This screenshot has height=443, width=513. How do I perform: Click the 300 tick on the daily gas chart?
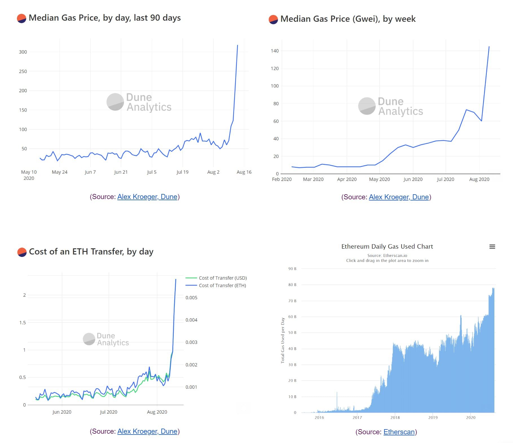(23, 52)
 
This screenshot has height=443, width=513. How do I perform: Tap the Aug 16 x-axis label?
(244, 172)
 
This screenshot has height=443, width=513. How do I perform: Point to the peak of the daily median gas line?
(237, 45)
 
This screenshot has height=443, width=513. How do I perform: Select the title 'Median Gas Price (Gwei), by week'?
(348, 19)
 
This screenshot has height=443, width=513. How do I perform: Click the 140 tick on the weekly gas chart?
(274, 51)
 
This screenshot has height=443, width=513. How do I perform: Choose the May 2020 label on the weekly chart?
(379, 179)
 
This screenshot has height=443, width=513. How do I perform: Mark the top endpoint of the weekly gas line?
(489, 47)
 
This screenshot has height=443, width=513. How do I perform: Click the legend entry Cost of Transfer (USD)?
(223, 278)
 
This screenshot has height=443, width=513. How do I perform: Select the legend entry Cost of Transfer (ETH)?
(222, 285)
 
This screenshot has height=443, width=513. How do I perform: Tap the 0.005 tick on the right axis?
(191, 298)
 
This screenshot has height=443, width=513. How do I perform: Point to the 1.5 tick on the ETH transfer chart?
(23, 322)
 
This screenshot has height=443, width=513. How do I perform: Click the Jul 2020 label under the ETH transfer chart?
(108, 412)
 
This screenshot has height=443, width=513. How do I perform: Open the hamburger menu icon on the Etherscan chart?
(492, 246)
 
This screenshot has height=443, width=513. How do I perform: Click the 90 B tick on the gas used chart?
(292, 269)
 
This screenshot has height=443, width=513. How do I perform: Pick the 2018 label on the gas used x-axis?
(395, 417)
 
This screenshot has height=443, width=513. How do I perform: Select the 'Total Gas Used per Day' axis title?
(283, 340)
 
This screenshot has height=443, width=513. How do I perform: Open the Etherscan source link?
(399, 432)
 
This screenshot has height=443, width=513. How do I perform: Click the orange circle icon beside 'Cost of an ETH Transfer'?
(22, 252)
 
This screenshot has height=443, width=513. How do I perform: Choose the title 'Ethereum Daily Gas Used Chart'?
(387, 246)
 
